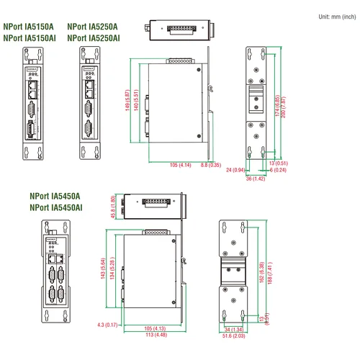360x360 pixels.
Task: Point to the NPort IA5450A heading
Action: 55,196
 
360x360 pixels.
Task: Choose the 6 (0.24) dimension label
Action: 278,171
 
